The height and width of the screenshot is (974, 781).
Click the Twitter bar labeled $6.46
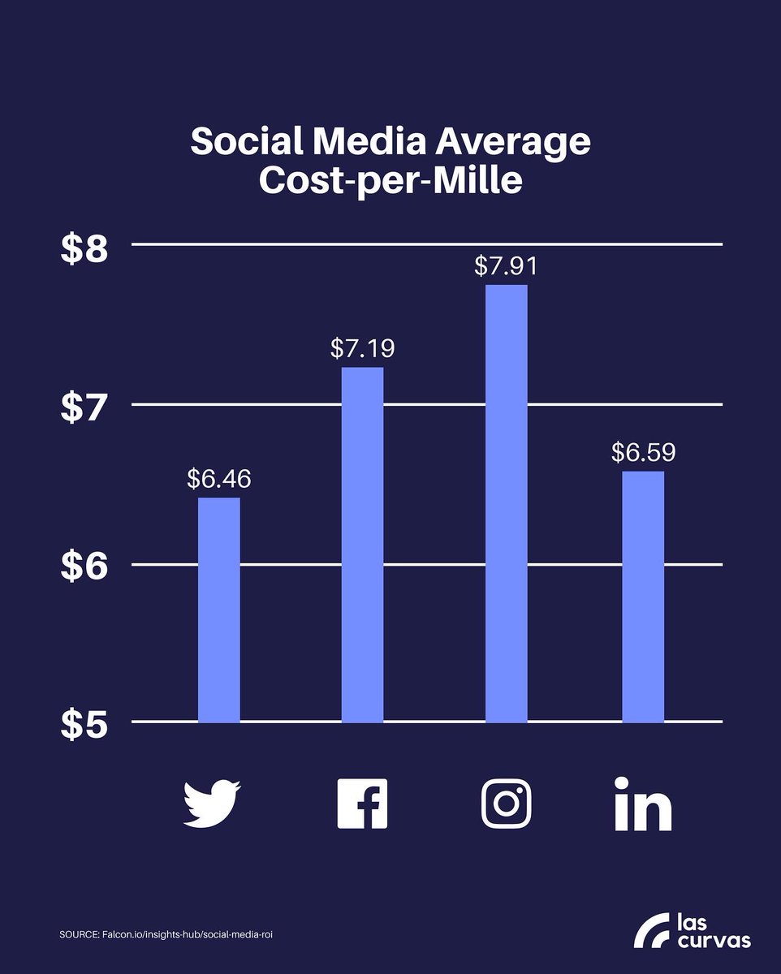(x=219, y=609)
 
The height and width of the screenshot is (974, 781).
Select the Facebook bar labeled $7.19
(x=362, y=544)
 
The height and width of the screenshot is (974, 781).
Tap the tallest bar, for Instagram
(x=506, y=503)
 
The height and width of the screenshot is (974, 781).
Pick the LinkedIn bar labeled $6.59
(x=643, y=597)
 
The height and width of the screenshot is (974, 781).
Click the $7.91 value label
(x=506, y=266)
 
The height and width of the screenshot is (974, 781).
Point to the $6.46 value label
(x=219, y=479)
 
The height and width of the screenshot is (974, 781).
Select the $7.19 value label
(x=362, y=349)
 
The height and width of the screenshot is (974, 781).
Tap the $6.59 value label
(x=643, y=452)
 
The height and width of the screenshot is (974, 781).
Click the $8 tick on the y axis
(x=84, y=250)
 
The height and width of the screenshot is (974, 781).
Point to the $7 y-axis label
(x=84, y=409)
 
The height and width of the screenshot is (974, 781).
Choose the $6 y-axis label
(x=84, y=568)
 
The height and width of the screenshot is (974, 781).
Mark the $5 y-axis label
(x=84, y=726)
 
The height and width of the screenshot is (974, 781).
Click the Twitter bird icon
(x=212, y=803)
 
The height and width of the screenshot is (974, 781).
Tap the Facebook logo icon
(x=362, y=803)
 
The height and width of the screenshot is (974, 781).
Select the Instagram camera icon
(x=506, y=803)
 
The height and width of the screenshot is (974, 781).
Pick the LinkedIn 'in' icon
(x=643, y=804)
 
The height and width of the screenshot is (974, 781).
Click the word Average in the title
(x=511, y=142)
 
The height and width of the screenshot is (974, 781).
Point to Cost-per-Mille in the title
(x=390, y=181)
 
